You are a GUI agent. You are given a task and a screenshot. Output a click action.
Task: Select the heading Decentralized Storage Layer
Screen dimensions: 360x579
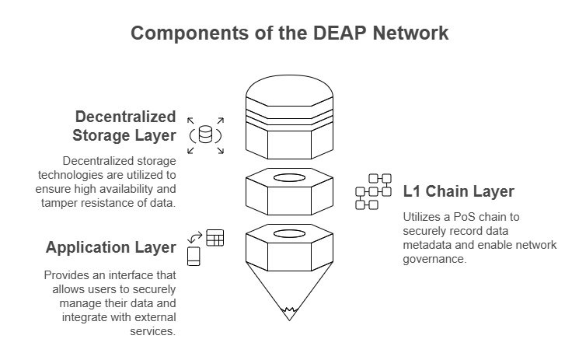(x=125, y=126)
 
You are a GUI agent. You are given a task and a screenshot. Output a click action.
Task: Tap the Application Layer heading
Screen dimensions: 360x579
(x=110, y=248)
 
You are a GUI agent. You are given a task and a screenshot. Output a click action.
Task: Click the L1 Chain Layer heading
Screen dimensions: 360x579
(x=459, y=192)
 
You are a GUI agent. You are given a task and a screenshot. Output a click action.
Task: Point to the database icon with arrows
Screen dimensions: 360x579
(x=206, y=135)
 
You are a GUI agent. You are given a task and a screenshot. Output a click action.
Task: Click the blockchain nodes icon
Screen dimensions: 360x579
(x=373, y=192)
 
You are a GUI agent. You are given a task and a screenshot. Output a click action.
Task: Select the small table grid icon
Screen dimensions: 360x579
(x=215, y=238)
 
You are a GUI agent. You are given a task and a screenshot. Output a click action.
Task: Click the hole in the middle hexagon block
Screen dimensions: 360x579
(x=289, y=178)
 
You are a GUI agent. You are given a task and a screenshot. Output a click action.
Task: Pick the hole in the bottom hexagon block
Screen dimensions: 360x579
(x=289, y=233)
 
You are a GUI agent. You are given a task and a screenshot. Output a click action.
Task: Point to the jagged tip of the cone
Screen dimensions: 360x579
(x=289, y=314)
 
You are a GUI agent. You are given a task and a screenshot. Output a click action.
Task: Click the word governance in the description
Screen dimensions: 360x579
(x=434, y=260)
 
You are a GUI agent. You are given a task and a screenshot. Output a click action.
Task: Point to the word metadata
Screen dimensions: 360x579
(x=429, y=245)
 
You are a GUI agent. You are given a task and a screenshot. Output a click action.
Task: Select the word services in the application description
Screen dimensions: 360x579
(x=155, y=332)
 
